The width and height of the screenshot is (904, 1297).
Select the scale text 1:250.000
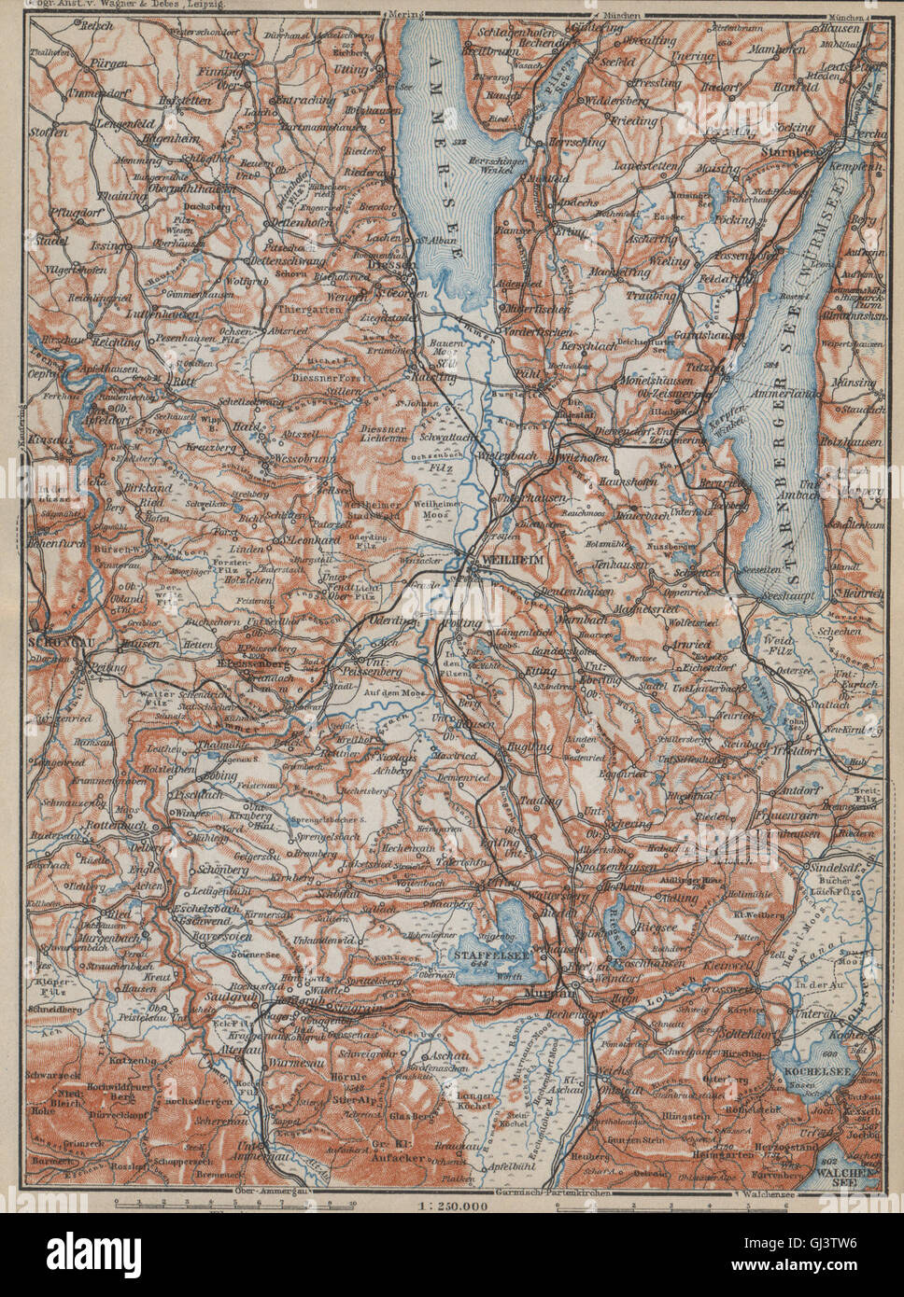tap(451, 1209)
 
